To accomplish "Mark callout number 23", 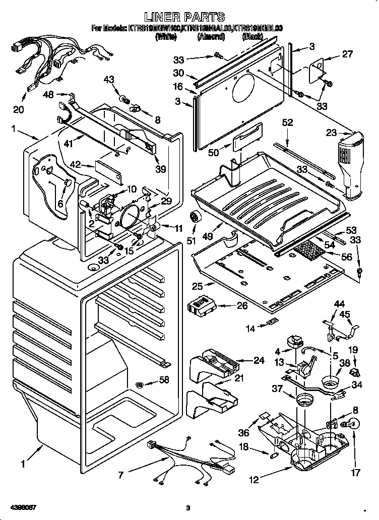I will pos(332,134).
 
